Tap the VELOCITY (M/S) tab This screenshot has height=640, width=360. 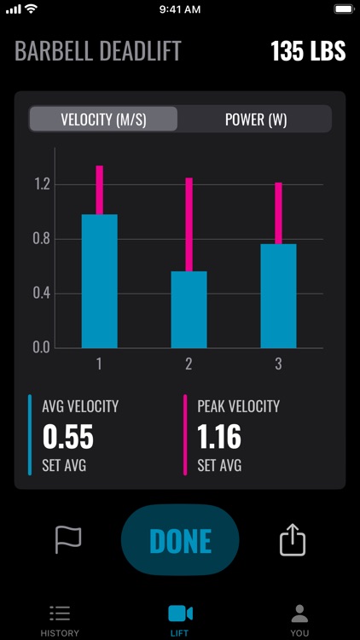pos(103,119)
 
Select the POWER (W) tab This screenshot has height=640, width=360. pos(255,119)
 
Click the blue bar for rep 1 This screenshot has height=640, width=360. pos(99,281)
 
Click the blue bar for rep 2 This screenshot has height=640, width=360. pos(189,309)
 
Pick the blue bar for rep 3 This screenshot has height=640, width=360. pos(278,295)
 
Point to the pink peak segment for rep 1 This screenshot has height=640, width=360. pos(99,189)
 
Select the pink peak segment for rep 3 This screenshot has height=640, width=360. pos(278,213)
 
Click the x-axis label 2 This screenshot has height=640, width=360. pos(189,364)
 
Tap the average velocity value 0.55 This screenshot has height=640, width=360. pos(67,438)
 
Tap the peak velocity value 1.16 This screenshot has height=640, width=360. pos(219,438)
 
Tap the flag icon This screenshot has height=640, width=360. pos(68,539)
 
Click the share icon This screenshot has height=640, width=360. pos(292,539)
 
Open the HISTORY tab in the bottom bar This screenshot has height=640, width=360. pos(60,620)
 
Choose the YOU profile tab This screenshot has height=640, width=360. pos(299,620)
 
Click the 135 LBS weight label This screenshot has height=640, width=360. pos(308,51)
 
